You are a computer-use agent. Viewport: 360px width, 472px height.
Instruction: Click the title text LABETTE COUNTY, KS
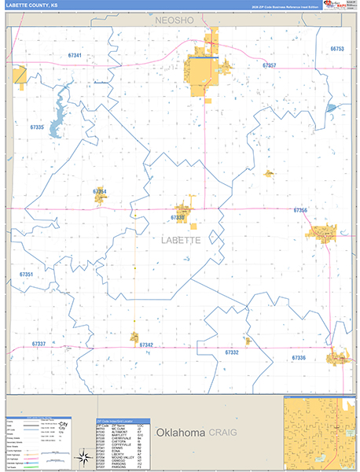click(x=31, y=6)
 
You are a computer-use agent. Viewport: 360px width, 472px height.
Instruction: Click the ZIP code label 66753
click(x=337, y=49)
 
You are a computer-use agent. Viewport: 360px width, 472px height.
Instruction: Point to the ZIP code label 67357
click(x=270, y=66)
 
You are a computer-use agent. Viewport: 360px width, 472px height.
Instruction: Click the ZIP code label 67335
click(x=36, y=127)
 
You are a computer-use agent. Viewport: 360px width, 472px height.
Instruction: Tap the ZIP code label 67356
click(x=300, y=210)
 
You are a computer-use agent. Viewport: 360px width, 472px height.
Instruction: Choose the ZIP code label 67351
click(x=26, y=275)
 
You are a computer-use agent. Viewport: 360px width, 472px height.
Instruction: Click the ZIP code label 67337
click(x=39, y=345)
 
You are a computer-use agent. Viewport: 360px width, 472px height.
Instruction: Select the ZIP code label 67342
click(x=146, y=345)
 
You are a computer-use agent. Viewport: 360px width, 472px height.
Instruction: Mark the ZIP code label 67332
click(x=231, y=353)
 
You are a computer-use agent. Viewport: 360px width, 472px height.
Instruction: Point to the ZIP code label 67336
click(x=298, y=358)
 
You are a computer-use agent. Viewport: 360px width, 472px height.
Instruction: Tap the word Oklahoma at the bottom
click(x=181, y=433)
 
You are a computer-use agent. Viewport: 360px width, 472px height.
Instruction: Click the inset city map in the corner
click(x=318, y=432)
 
